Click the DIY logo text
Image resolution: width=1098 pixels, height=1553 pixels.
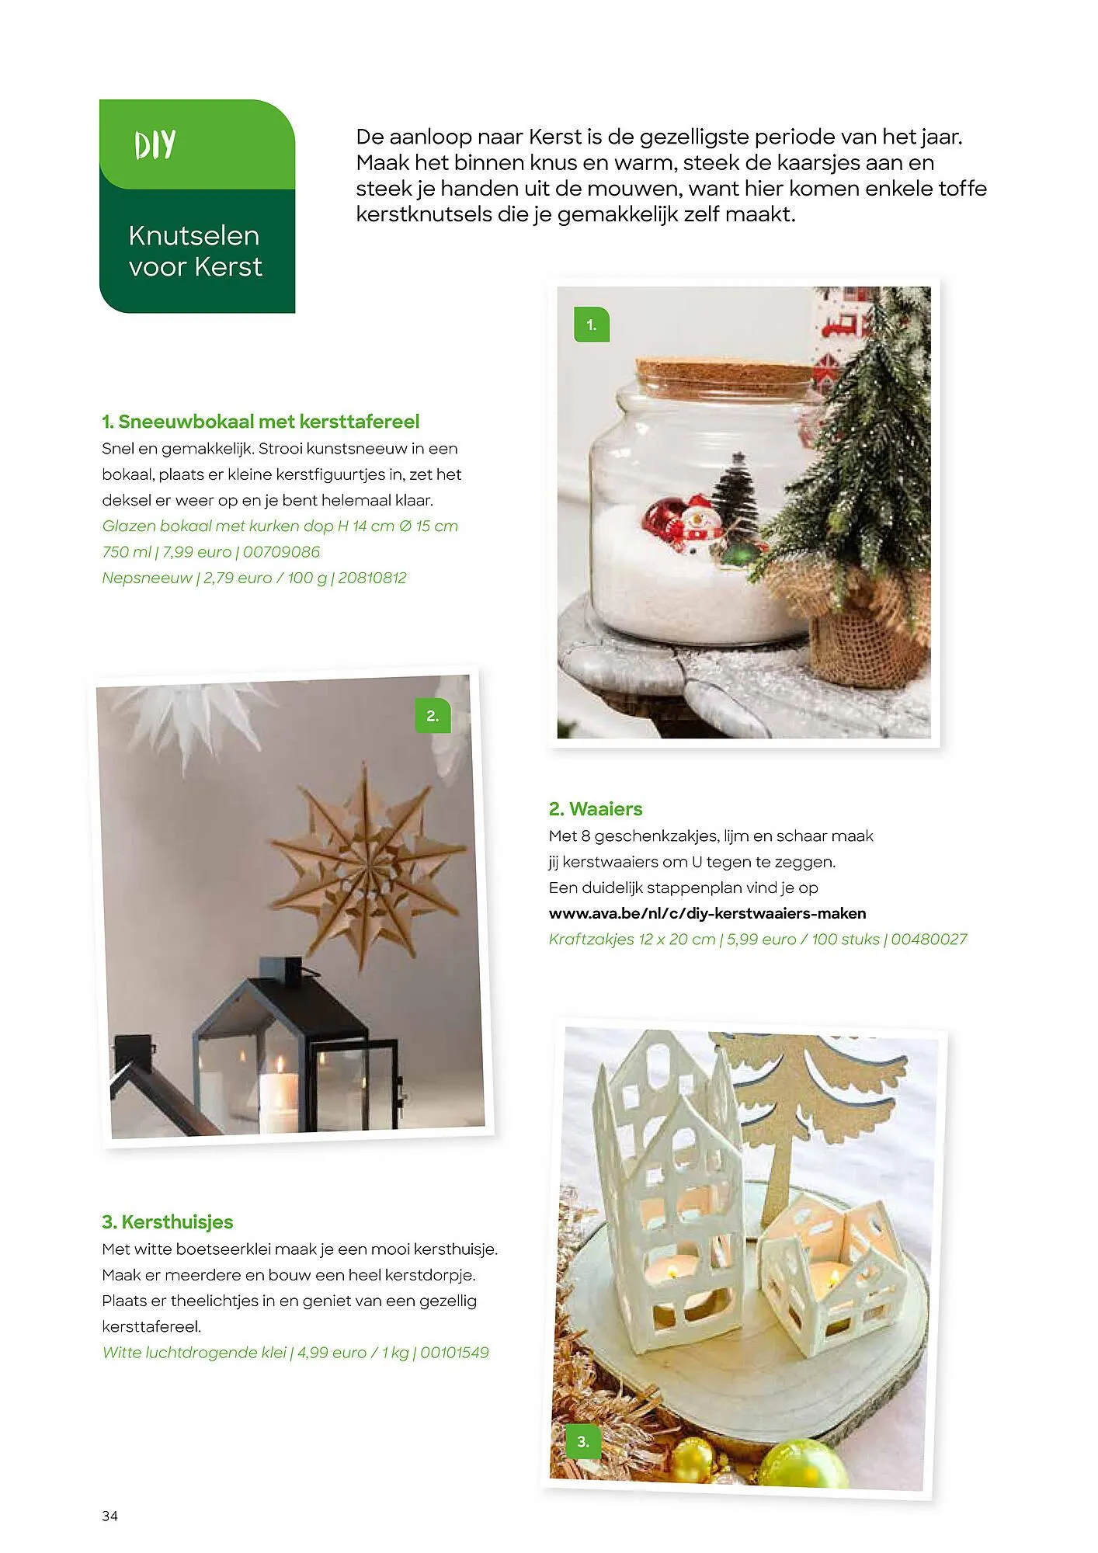155,145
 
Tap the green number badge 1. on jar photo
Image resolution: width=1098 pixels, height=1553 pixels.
592,325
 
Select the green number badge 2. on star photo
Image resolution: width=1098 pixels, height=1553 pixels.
433,716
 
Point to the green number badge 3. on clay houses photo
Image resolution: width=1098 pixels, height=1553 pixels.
583,1442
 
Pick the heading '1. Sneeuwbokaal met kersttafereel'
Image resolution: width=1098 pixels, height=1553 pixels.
260,422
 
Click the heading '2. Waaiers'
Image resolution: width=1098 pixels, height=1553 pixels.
596,809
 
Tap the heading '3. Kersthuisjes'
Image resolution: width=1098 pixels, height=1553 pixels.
167,1221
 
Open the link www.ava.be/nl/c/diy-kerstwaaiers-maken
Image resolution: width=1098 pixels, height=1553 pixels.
707,913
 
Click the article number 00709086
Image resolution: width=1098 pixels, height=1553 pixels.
281,552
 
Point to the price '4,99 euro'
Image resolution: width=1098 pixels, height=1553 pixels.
332,1353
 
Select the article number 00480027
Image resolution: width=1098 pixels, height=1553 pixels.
929,940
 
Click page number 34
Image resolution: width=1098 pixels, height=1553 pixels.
109,1517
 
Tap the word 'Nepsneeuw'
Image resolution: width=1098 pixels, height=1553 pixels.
147,578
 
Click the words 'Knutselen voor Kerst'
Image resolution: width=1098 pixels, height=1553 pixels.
195,251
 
